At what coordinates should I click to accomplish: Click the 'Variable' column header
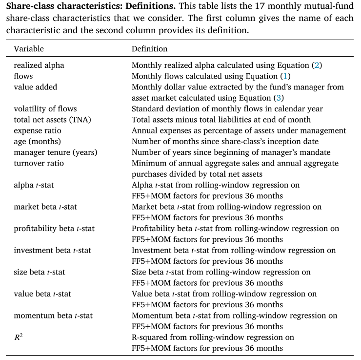tap(29, 49)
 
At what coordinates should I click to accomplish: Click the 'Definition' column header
tap(149, 49)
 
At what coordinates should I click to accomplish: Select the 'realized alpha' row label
tap(39, 65)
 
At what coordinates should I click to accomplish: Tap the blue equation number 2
tap(317, 65)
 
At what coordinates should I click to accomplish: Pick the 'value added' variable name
tap(35, 87)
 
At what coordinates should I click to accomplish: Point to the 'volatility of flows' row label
tap(45, 109)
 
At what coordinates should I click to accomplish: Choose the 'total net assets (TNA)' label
tap(51, 120)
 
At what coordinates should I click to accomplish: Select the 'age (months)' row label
tap(36, 142)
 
